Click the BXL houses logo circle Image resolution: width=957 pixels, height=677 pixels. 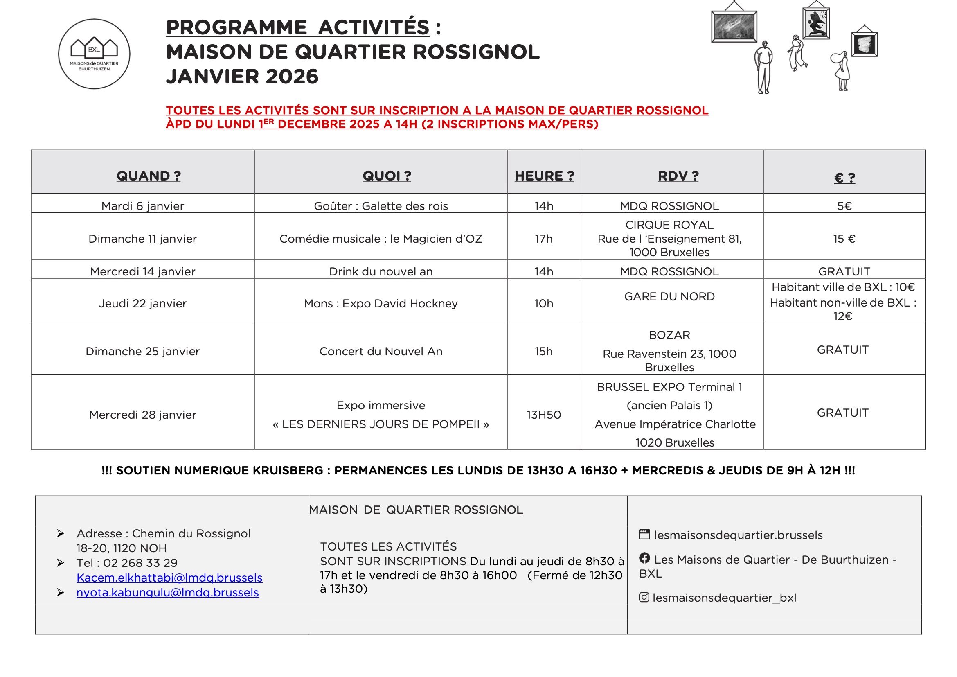point(94,54)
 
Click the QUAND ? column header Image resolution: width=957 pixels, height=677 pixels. point(149,176)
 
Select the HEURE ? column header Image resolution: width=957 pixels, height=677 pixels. point(544,176)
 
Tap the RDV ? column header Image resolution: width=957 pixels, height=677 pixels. point(678,176)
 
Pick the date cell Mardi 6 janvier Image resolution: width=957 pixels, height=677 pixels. point(142,206)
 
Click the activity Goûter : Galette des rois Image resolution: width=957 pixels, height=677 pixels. point(381,206)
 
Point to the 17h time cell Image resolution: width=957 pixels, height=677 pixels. point(543,239)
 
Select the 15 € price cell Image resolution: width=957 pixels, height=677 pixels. point(844,239)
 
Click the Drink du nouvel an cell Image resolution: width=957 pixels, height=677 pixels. point(381,271)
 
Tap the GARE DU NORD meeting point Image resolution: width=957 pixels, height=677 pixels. point(669,296)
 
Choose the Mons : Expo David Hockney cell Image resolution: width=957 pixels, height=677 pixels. point(381,303)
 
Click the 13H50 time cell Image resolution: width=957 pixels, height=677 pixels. point(543,415)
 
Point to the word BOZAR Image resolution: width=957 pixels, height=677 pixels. point(669,335)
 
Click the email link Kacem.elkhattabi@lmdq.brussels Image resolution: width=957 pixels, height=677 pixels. point(169,578)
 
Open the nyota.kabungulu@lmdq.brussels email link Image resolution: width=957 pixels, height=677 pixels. point(168,592)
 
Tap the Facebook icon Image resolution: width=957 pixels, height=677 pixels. point(644,558)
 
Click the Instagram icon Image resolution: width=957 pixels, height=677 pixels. point(644,597)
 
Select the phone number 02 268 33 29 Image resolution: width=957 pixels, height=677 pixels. point(140,563)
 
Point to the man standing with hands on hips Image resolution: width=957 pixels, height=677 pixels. point(763,67)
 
